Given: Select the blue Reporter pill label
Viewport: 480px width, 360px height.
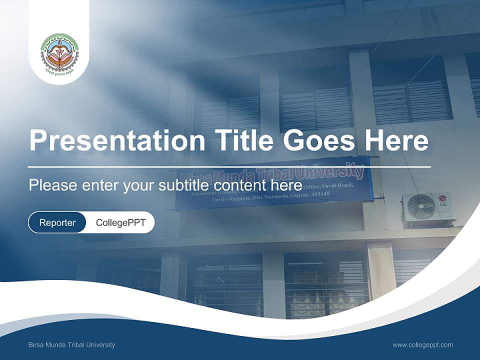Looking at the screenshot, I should (57, 222).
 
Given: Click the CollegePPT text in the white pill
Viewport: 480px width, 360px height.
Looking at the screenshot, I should (120, 222).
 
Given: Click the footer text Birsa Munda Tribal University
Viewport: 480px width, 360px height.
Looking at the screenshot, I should (72, 344).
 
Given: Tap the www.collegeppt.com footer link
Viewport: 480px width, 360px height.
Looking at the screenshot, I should (422, 344).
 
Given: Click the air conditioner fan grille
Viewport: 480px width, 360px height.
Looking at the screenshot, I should (420, 206).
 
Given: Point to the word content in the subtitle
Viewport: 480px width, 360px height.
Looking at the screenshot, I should (239, 185).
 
